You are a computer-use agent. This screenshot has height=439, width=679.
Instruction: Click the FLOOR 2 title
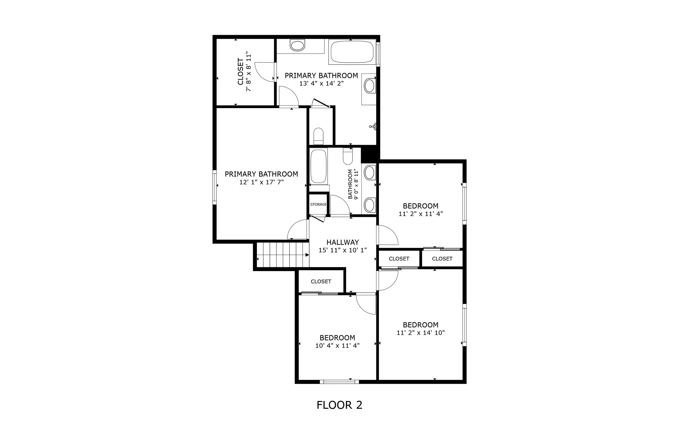[339, 405]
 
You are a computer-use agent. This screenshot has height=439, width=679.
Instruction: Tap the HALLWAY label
[342, 242]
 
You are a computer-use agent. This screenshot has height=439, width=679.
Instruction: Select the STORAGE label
[318, 204]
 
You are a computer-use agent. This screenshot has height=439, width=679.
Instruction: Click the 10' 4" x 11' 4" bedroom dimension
[337, 346]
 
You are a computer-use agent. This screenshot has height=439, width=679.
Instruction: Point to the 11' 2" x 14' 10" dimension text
[420, 333]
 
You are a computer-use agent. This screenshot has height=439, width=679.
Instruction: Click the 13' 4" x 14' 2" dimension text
[321, 83]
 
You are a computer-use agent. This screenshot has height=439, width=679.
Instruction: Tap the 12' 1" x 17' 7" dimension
[261, 182]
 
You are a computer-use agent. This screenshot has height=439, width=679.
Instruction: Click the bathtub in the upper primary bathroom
[352, 52]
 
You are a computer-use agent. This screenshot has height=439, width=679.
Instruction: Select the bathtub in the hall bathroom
[318, 167]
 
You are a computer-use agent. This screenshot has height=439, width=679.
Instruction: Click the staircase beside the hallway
[283, 255]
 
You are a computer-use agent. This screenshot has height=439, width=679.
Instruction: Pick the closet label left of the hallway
[321, 282]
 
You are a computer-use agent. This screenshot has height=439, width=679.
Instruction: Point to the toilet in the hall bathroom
[348, 156]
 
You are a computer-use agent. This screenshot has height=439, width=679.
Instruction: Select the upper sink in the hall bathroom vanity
[370, 173]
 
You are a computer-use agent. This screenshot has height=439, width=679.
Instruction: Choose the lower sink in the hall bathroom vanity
[370, 205]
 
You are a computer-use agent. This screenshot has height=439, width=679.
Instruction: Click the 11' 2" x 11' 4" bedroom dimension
[420, 214]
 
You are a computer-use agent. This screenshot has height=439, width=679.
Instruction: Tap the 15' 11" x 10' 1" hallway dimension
[342, 250]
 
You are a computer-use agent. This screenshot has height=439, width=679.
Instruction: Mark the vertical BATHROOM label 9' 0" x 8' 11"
[353, 184]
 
